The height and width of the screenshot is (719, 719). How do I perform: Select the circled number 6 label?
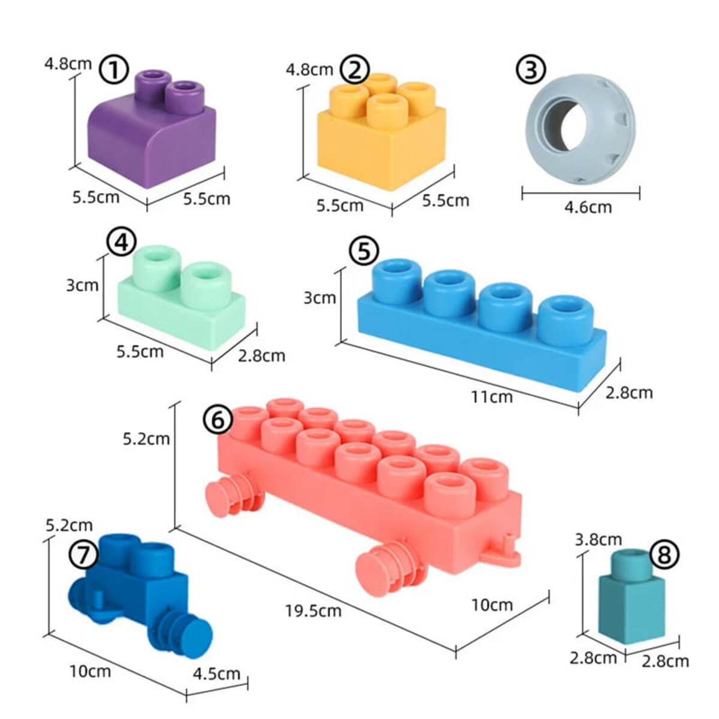click(217, 419)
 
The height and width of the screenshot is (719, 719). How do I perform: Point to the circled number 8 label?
click(663, 555)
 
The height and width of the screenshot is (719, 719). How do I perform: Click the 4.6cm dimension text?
click(588, 207)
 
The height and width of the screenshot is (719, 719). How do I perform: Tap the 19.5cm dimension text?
click(313, 611)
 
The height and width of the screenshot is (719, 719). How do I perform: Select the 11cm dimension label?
click(492, 396)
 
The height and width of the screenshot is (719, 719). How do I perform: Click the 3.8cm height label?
click(598, 539)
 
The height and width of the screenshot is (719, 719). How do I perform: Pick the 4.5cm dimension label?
click(216, 674)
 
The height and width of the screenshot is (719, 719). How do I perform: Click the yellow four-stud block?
click(381, 135)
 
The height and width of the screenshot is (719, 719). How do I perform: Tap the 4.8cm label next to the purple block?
click(68, 64)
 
